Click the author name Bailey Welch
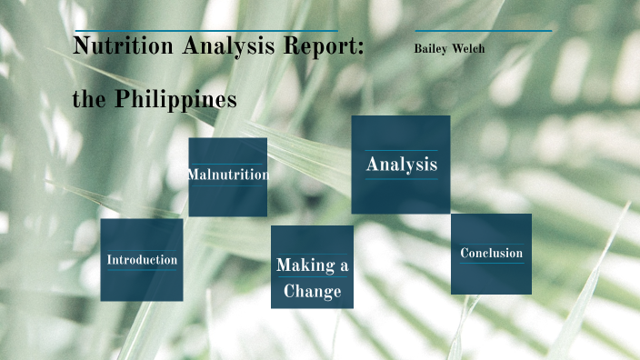point(448,48)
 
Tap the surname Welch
point(468,48)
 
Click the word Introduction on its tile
point(142,260)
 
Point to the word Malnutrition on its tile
point(228,175)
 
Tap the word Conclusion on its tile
point(491,253)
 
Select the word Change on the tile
point(312,291)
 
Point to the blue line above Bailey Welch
point(483,32)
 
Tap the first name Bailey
point(430,48)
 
